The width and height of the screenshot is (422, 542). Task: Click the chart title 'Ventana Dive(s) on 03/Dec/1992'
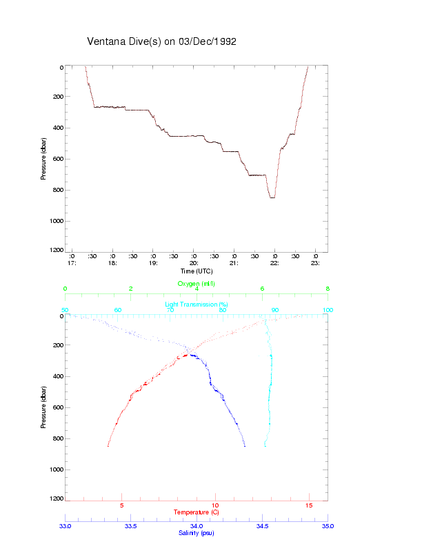tap(162, 41)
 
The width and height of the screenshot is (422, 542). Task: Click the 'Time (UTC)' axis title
tap(197, 271)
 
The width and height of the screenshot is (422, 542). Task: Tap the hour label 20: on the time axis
tap(194, 263)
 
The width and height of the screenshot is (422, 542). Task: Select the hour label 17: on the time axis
tap(71, 263)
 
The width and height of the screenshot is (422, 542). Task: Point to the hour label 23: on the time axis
tap(315, 263)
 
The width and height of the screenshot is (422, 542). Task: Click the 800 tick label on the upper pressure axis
tap(57, 190)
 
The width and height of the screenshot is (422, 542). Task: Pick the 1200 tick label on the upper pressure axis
tap(56, 251)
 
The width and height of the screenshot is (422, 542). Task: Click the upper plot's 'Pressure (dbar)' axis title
tap(43, 159)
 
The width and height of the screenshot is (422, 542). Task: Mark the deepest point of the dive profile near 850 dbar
tap(272, 197)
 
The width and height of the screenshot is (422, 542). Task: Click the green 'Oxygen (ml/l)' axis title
tap(197, 284)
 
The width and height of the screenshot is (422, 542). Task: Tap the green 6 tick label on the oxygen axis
tap(262, 289)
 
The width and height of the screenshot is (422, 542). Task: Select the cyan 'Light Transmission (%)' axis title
tap(197, 304)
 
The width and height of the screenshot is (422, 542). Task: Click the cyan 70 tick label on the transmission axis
tap(170, 310)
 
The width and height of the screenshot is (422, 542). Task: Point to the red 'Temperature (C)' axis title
tap(197, 512)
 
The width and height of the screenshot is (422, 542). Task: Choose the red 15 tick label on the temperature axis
tap(309, 505)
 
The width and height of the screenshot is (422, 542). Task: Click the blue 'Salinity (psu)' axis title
tap(197, 533)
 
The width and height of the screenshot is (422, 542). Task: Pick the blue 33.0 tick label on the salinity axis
tap(66, 526)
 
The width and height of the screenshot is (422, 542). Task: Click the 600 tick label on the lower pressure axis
tap(57, 407)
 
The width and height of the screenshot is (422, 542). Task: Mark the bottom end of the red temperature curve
tap(108, 446)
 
